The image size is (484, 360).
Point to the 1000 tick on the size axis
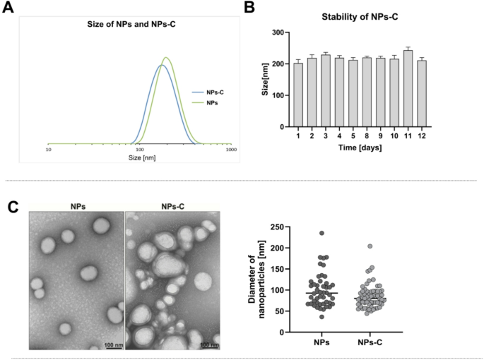coord(230,150)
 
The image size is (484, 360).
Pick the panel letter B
coord(249,8)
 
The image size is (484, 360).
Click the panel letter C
coord(13,207)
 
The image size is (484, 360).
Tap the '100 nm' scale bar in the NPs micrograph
coord(112,344)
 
